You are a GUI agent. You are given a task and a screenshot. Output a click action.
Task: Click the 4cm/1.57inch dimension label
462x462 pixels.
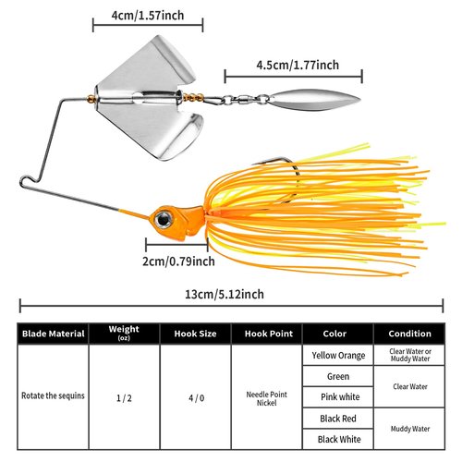point(148,16)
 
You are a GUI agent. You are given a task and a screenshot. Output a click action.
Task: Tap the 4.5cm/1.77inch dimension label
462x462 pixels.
point(298,65)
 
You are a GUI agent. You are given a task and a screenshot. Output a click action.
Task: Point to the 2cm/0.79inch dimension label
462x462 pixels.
point(178,261)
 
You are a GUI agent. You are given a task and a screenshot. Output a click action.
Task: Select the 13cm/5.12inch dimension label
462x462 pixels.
point(225,294)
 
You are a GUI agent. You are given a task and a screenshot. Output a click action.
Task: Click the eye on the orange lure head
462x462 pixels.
point(164,219)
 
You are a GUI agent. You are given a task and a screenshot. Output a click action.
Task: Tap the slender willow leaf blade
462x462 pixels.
point(314,100)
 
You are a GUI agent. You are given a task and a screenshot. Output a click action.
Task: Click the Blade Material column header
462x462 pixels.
point(54,334)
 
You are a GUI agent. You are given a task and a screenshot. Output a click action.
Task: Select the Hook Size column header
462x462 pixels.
point(195,334)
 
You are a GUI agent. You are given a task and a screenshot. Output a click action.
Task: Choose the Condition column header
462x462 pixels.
point(409,334)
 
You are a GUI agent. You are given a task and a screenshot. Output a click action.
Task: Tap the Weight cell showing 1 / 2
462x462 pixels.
point(124,398)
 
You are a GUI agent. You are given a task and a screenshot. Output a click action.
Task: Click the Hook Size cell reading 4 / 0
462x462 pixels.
point(196,398)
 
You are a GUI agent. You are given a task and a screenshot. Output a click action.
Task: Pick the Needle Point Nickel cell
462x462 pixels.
point(267,398)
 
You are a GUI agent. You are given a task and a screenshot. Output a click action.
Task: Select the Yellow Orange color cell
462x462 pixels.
point(338,356)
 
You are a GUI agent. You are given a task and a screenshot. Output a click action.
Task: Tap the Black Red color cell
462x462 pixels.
point(338,419)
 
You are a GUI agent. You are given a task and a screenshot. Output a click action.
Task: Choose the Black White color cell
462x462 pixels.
point(339,439)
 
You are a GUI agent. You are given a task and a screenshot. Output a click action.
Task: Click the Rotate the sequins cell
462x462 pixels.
point(53,395)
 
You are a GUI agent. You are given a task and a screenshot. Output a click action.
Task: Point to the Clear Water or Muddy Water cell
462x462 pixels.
point(410,355)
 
